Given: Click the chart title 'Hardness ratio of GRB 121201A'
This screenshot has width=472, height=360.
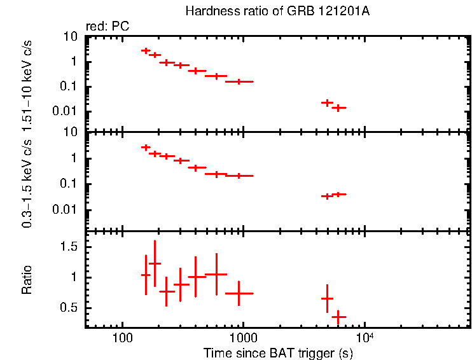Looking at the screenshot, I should (x=277, y=11).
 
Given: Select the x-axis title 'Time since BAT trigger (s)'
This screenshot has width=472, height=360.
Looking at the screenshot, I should (x=278, y=352).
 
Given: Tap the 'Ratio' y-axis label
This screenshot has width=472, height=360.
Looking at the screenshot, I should (x=27, y=280).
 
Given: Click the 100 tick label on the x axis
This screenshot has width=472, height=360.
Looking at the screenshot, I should (x=121, y=337).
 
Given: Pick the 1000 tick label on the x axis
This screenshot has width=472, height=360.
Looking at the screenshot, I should (x=243, y=337).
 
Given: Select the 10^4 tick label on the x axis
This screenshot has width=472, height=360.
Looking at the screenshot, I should (x=364, y=336).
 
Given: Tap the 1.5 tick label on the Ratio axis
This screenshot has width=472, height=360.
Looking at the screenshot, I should (x=71, y=246).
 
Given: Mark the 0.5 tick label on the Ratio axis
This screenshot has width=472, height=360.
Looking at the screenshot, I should (x=71, y=307).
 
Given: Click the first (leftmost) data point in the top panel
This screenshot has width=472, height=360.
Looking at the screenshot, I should (x=146, y=51).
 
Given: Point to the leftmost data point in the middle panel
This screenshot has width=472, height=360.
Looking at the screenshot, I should (x=146, y=147).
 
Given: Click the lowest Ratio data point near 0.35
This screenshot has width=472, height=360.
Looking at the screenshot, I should (x=339, y=316).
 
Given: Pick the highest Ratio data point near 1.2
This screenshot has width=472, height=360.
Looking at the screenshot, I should (x=155, y=263).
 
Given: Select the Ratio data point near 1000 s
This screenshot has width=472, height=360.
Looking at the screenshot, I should (x=239, y=293).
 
